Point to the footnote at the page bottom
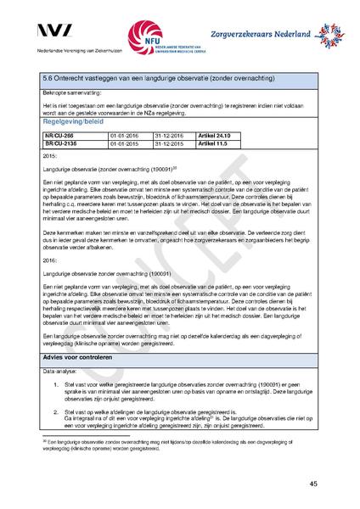click(x=170, y=446)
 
